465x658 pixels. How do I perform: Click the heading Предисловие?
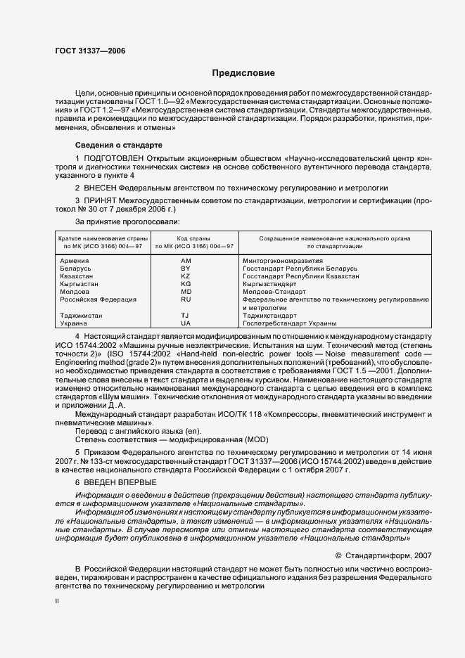[244, 73]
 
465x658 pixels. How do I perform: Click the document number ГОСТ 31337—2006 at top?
[86, 51]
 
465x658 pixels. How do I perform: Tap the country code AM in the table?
[186, 261]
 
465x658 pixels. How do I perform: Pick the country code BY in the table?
[186, 269]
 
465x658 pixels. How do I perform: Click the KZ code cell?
[186, 276]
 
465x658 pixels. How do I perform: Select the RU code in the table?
[186, 299]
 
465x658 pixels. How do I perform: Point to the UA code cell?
[186, 323]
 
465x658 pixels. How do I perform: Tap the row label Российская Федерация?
[98, 299]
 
